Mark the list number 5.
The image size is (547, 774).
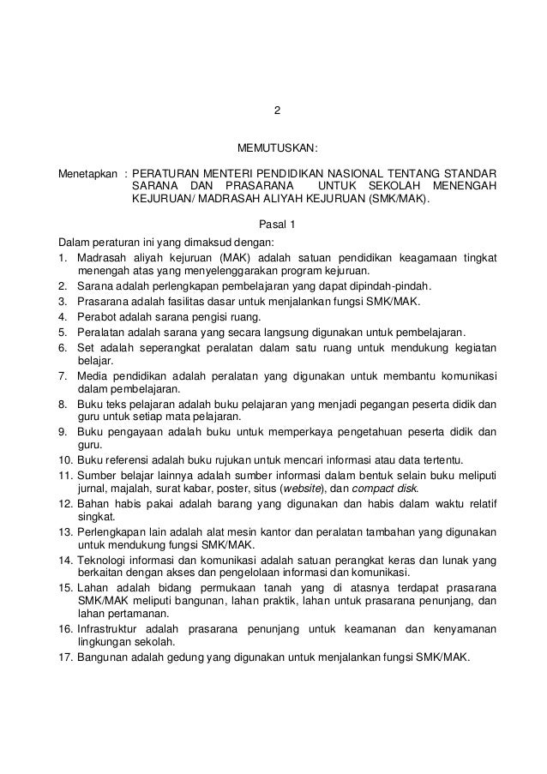(x=63, y=332)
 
